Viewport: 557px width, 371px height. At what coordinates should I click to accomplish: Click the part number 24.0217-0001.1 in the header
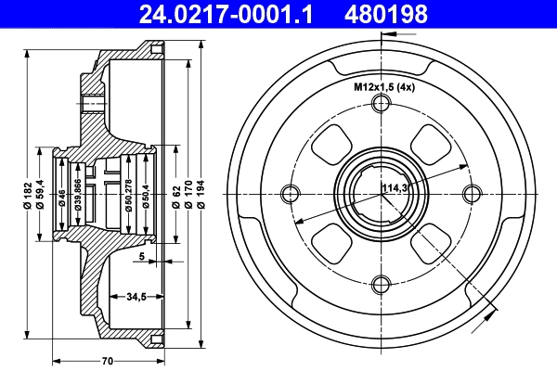[226, 14]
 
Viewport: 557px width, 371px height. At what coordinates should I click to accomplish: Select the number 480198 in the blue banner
[386, 14]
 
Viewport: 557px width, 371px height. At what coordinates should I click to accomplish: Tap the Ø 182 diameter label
[29, 195]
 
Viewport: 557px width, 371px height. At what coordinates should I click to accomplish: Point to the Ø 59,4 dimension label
[41, 194]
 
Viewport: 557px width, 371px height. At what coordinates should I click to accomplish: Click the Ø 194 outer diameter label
[201, 194]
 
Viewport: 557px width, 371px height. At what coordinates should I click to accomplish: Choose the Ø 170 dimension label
[188, 194]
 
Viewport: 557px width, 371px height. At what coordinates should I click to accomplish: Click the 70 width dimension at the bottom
[108, 361]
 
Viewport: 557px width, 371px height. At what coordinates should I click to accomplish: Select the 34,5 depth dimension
[136, 297]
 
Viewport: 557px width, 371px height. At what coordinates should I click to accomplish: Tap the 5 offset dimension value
[142, 256]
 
